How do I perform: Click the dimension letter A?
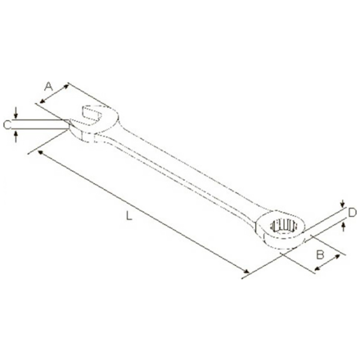tap(48, 85)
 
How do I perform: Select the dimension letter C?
tap(7, 124)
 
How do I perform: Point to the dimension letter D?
tap(352, 213)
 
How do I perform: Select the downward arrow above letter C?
tap(16, 115)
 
